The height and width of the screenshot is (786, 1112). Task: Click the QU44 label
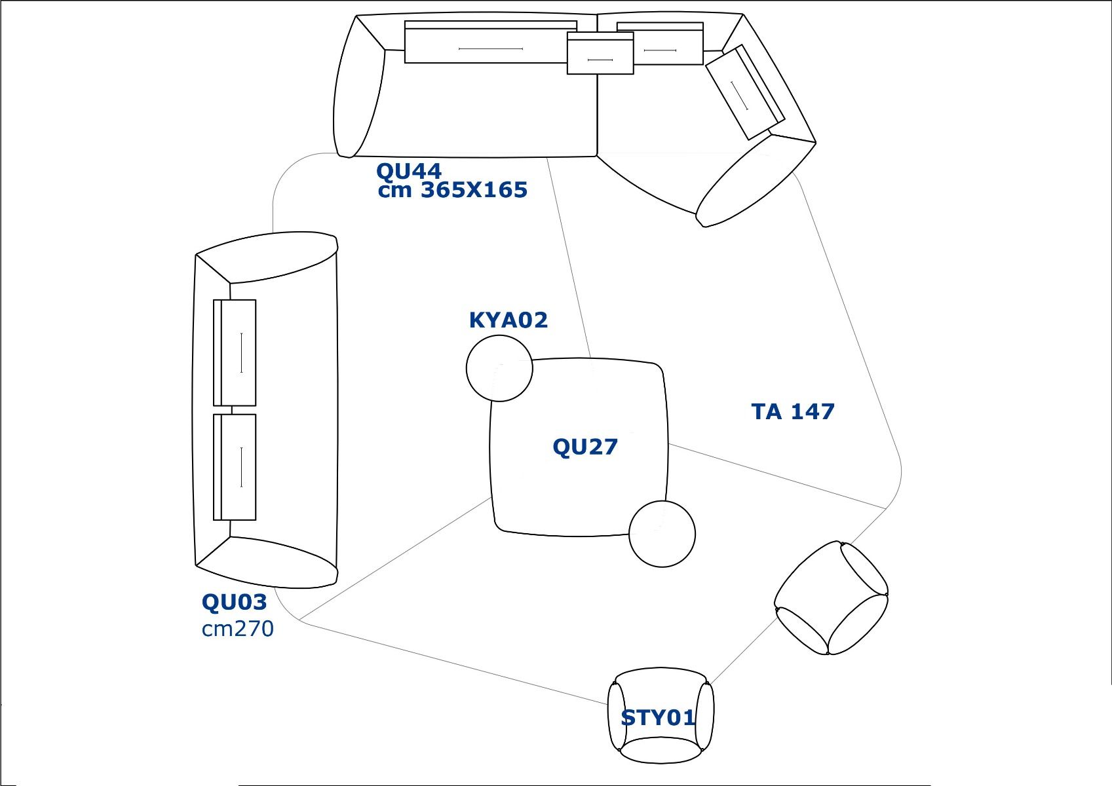pyautogui.click(x=408, y=172)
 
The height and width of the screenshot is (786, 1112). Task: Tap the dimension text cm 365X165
pyautogui.click(x=452, y=191)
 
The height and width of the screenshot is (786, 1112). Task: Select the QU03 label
pyautogui.click(x=234, y=602)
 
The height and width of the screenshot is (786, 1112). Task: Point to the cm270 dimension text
pyautogui.click(x=237, y=629)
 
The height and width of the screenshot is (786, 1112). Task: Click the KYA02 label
pyautogui.click(x=508, y=320)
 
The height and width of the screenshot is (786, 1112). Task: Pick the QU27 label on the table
pyautogui.click(x=585, y=447)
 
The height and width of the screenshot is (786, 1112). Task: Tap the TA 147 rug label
pyautogui.click(x=792, y=412)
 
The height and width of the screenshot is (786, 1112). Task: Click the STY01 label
pyautogui.click(x=657, y=719)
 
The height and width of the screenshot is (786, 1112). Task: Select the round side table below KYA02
pyautogui.click(x=499, y=368)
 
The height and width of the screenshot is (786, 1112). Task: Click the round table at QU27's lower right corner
pyautogui.click(x=662, y=534)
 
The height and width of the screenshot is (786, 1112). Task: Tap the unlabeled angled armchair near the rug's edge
pyautogui.click(x=831, y=597)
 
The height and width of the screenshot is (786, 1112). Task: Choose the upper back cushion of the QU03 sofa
pyautogui.click(x=235, y=353)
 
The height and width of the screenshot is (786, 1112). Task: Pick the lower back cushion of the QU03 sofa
pyautogui.click(x=235, y=467)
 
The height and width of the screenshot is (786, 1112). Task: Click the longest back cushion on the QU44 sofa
pyautogui.click(x=490, y=43)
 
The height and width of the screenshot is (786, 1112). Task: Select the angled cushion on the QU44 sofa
pyautogui.click(x=745, y=92)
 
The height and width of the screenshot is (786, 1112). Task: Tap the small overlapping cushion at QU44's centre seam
pyautogui.click(x=600, y=54)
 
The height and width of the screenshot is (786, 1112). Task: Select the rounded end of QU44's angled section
pyautogui.click(x=754, y=180)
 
